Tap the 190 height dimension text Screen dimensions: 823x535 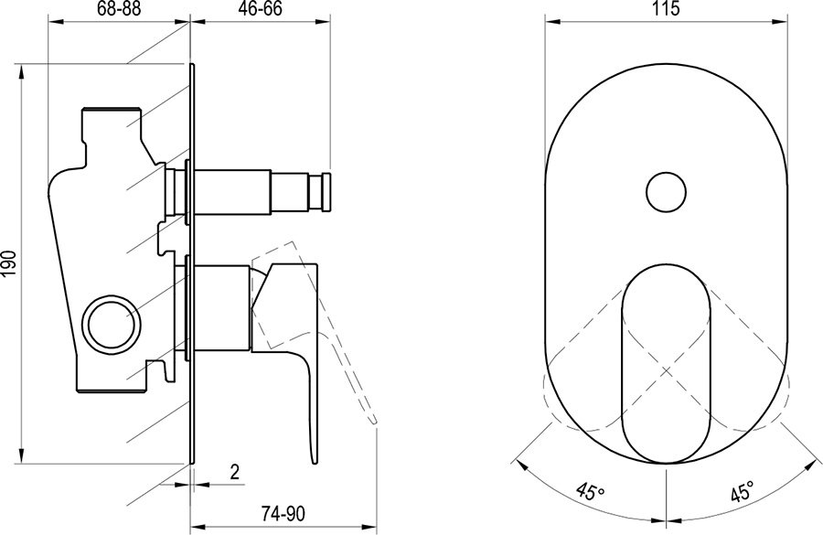click(x=10, y=264)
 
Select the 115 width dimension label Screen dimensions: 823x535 click(x=666, y=9)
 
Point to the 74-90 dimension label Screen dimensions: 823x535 click(x=283, y=513)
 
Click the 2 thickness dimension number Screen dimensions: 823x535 click(x=235, y=472)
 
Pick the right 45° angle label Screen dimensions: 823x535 click(x=742, y=492)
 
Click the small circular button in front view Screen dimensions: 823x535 click(x=666, y=192)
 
